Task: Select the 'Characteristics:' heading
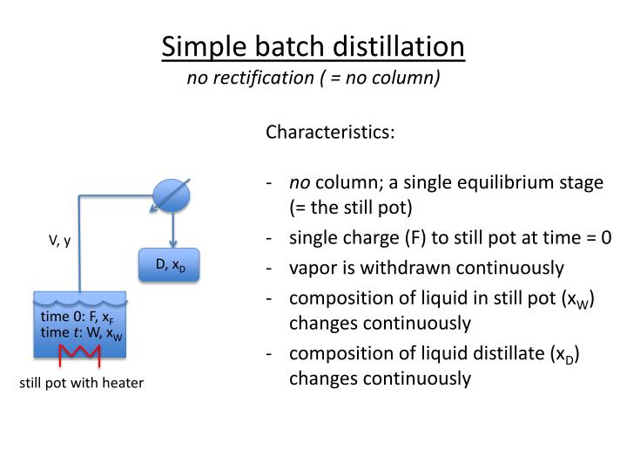click(x=330, y=133)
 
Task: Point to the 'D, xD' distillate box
click(x=170, y=265)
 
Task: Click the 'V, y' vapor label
click(x=59, y=239)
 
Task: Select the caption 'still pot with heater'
click(x=82, y=382)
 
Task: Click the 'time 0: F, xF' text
click(x=77, y=317)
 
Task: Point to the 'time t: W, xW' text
click(x=81, y=333)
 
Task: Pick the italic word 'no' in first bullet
click(x=300, y=183)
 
